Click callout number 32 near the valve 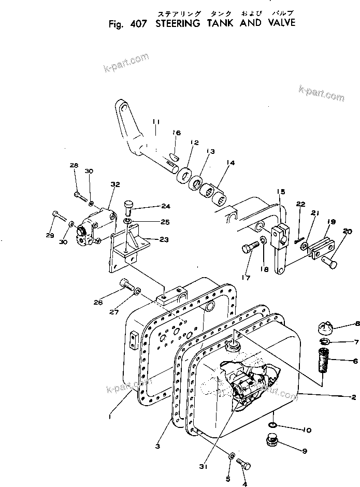coord(115,184)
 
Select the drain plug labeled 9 coord(271,441)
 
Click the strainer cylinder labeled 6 coord(320,361)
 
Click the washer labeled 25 coord(128,223)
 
